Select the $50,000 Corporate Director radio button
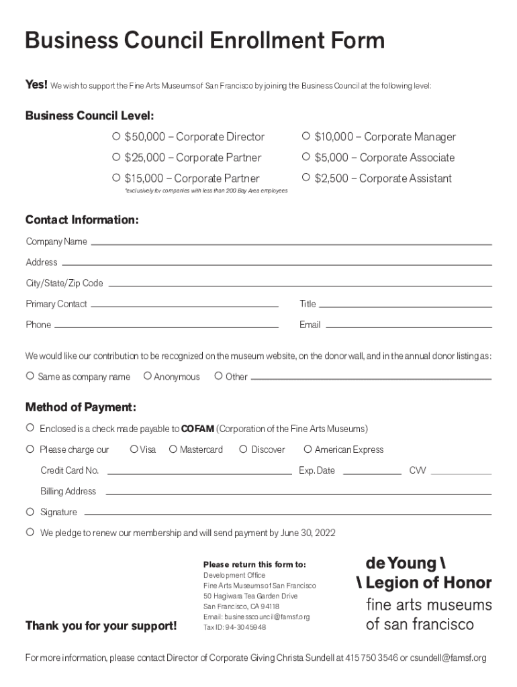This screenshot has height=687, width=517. click(116, 137)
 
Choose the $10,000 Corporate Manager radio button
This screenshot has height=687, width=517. click(306, 137)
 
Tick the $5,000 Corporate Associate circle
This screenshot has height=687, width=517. click(306, 158)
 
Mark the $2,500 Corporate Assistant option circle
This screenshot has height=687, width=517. click(306, 178)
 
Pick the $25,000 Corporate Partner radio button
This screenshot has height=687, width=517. click(116, 158)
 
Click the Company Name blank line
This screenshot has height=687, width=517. click(291, 243)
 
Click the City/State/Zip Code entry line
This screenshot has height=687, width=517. click(299, 284)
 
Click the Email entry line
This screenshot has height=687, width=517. click(408, 326)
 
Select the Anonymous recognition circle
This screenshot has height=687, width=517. click(148, 376)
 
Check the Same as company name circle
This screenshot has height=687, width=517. click(30, 376)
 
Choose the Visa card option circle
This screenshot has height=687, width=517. click(134, 449)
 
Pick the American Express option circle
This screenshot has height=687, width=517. click(308, 449)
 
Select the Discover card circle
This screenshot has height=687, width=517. click(243, 449)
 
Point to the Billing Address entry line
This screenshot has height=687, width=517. click(298, 493)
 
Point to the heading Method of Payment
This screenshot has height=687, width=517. click(81, 407)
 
